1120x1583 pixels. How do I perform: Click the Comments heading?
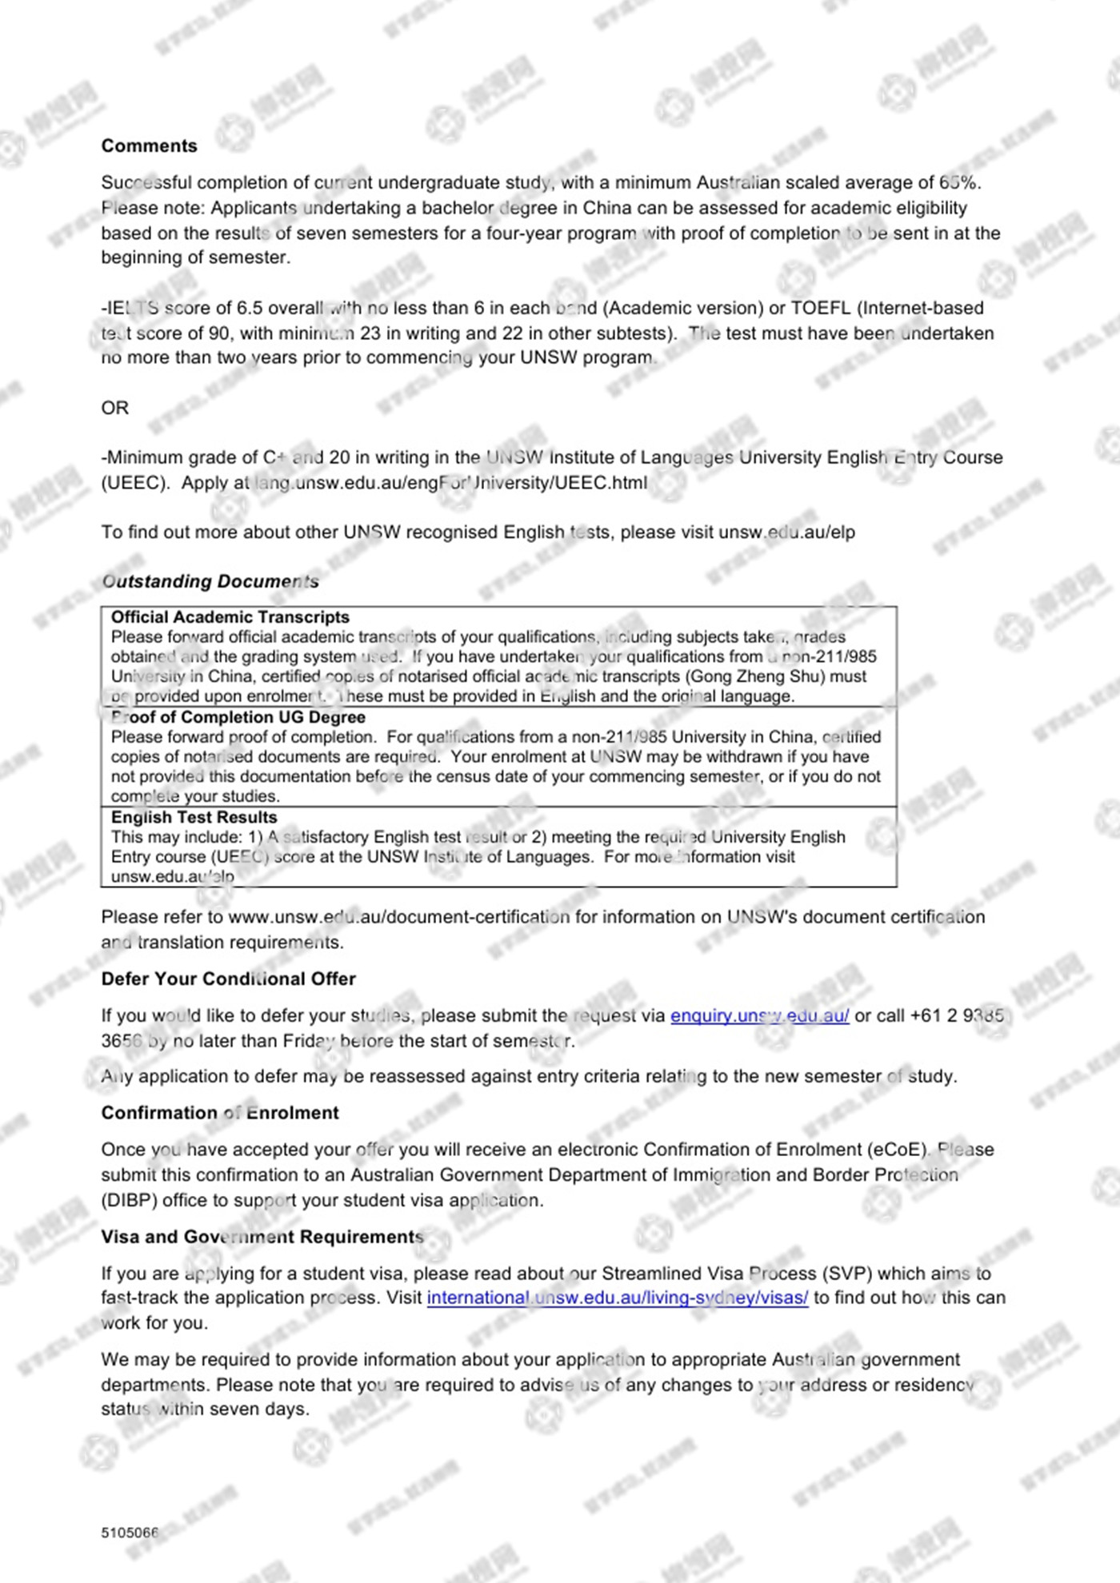point(149,146)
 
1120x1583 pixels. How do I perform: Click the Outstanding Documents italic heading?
point(210,581)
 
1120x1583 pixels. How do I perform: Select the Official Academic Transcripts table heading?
point(230,617)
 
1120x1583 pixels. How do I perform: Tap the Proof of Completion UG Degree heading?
point(238,717)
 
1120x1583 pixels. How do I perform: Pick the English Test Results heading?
point(194,817)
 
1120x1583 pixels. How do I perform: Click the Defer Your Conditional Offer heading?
point(228,979)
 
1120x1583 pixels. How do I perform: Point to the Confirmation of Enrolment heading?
point(220,1113)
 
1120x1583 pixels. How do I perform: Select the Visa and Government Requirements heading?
point(262,1237)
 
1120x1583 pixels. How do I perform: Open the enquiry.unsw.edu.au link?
point(759,1016)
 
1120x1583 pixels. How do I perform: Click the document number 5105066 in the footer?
point(130,1533)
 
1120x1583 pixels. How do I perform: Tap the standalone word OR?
point(114,408)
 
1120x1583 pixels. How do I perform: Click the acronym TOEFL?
point(820,308)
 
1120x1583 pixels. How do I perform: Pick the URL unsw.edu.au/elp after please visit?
point(786,532)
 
